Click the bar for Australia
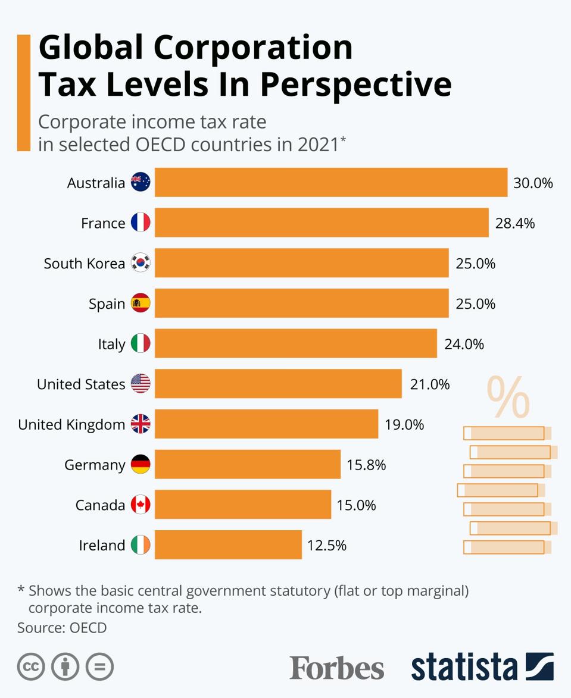pyautogui.click(x=331, y=182)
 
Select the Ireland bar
pyautogui.click(x=228, y=544)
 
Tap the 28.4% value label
pyautogui.click(x=515, y=223)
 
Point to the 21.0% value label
pyautogui.click(x=430, y=384)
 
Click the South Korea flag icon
pyautogui.click(x=141, y=263)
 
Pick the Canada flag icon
pyautogui.click(x=141, y=505)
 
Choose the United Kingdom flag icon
pyautogui.click(x=141, y=424)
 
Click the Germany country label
pyautogui.click(x=95, y=465)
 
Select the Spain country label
pyautogui.click(x=107, y=304)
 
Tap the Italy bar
pyautogui.click(x=296, y=343)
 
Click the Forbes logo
pyautogui.click(x=337, y=668)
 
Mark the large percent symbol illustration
pyautogui.click(x=508, y=397)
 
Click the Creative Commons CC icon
pyautogui.click(x=31, y=667)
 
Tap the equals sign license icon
pyautogui.click(x=99, y=667)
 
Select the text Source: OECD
pyautogui.click(x=62, y=627)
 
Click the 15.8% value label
pyautogui.click(x=366, y=465)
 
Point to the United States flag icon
pyautogui.click(x=141, y=384)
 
